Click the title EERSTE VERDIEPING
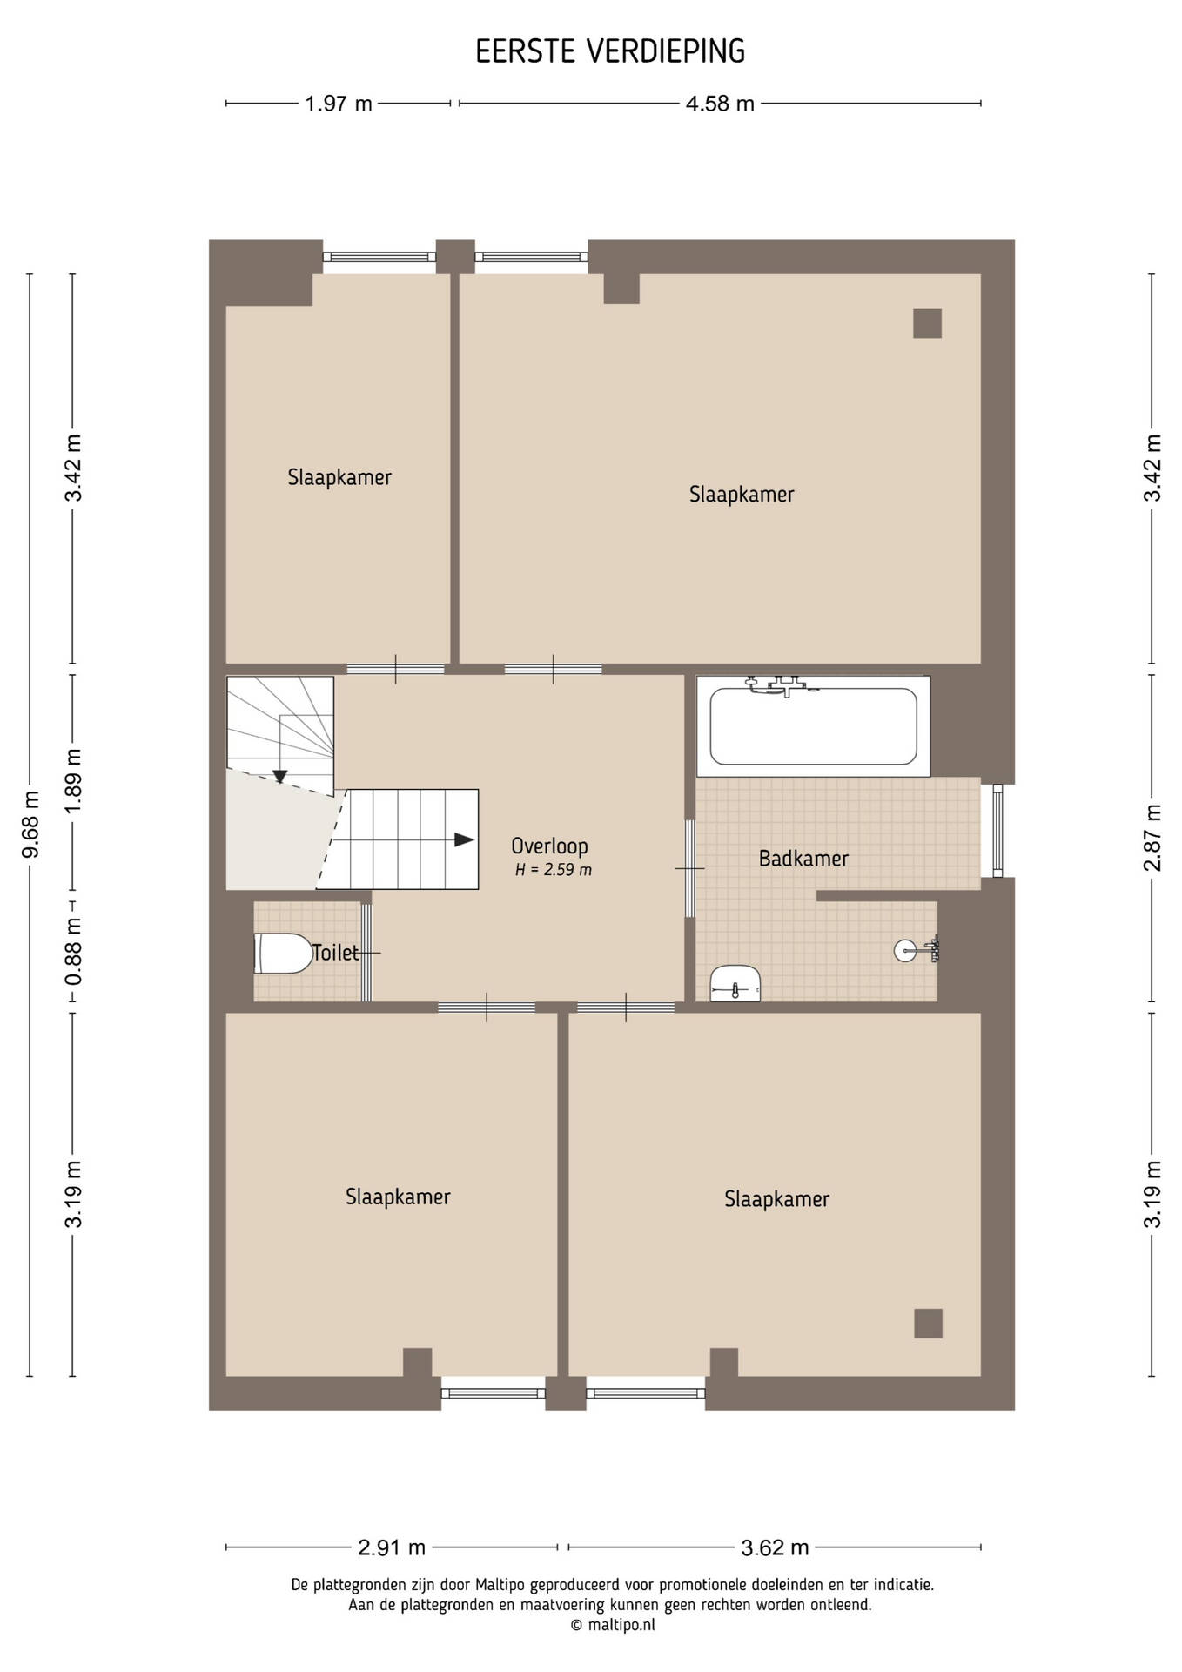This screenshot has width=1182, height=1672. coord(610,52)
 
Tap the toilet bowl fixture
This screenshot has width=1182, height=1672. coord(283,954)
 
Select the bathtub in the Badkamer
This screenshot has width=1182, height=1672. coord(813,726)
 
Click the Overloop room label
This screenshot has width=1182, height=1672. coord(549,846)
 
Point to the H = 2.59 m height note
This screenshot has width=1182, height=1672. coord(554,869)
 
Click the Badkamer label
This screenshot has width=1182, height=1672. coord(803,859)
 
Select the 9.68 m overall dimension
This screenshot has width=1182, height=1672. coord(30,824)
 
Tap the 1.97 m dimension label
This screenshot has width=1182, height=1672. coord(339,104)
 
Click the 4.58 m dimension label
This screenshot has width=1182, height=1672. coord(720,104)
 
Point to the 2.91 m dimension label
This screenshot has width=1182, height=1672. coord(392,1547)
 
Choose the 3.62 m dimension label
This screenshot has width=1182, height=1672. coord(775,1547)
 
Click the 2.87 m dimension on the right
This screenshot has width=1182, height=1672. coord(1153,837)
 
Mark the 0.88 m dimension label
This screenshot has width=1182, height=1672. coord(74,951)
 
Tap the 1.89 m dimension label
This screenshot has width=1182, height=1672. coord(74,781)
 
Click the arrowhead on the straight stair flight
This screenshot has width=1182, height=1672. coord(465,840)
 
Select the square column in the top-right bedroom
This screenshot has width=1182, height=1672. coord(927,323)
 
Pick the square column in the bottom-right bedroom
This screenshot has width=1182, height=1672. coord(928,1323)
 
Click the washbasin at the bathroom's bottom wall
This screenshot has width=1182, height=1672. coord(735,983)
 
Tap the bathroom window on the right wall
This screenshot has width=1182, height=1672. coord(997,831)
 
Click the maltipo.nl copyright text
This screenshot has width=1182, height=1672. coord(613,1625)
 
